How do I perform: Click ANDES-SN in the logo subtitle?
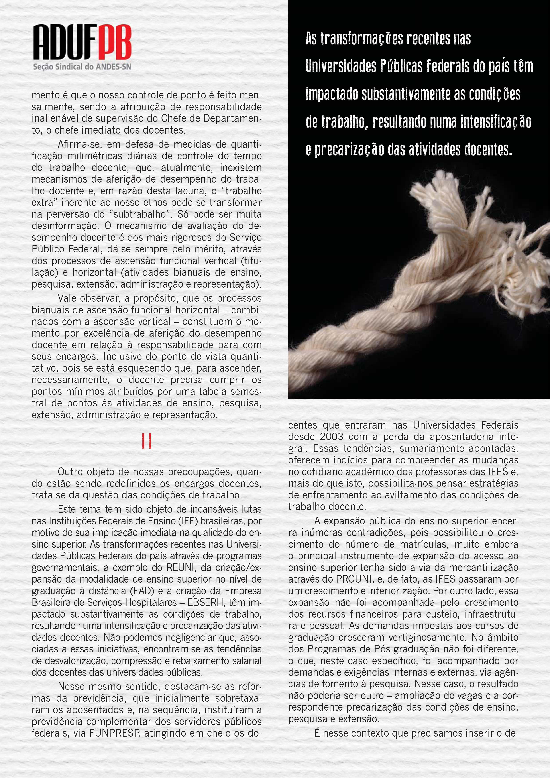pos(114,67)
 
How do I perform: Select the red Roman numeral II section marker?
pos(146,441)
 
